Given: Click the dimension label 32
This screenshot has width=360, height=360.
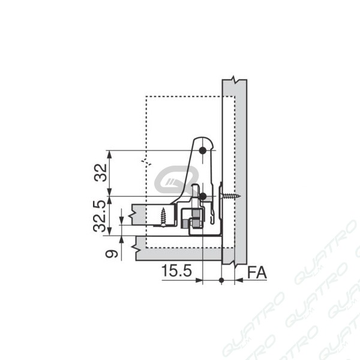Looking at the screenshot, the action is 101,172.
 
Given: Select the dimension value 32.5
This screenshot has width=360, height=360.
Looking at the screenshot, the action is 100,216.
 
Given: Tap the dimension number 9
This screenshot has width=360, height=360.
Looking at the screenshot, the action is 112,254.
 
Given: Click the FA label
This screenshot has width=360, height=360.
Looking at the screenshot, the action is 257,272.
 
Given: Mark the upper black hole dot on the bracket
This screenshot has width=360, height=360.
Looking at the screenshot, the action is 203,151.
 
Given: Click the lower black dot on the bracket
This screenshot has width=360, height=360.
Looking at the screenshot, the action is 203,196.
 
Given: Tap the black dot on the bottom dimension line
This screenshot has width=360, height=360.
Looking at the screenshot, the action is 221,280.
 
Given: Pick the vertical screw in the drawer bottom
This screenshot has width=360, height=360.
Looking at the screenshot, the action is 163,217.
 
